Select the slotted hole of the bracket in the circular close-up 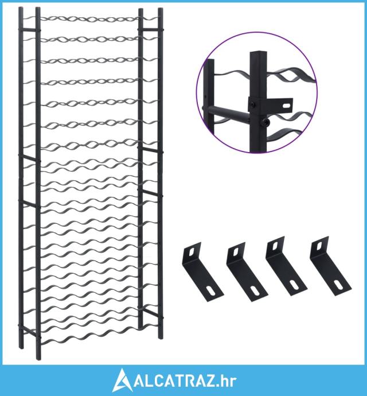click(287, 104)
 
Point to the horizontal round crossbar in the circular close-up click(228, 112)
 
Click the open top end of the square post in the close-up click(258, 53)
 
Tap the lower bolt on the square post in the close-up click(265, 123)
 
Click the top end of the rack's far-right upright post click(161, 10)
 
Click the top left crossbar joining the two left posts click(29, 30)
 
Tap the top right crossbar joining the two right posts click(150, 30)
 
